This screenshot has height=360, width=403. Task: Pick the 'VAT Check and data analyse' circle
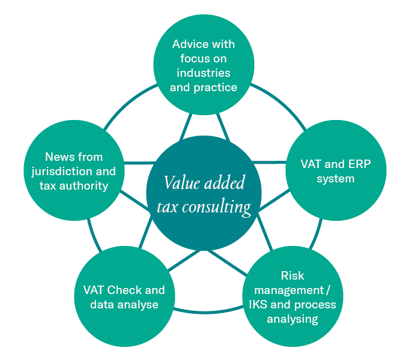(x=124, y=297)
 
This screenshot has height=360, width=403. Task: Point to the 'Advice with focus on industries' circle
(x=203, y=65)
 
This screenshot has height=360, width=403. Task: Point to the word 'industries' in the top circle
(x=204, y=73)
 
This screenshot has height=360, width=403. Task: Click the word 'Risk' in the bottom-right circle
(x=292, y=276)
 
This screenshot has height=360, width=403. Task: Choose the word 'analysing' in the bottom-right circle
(x=292, y=319)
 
